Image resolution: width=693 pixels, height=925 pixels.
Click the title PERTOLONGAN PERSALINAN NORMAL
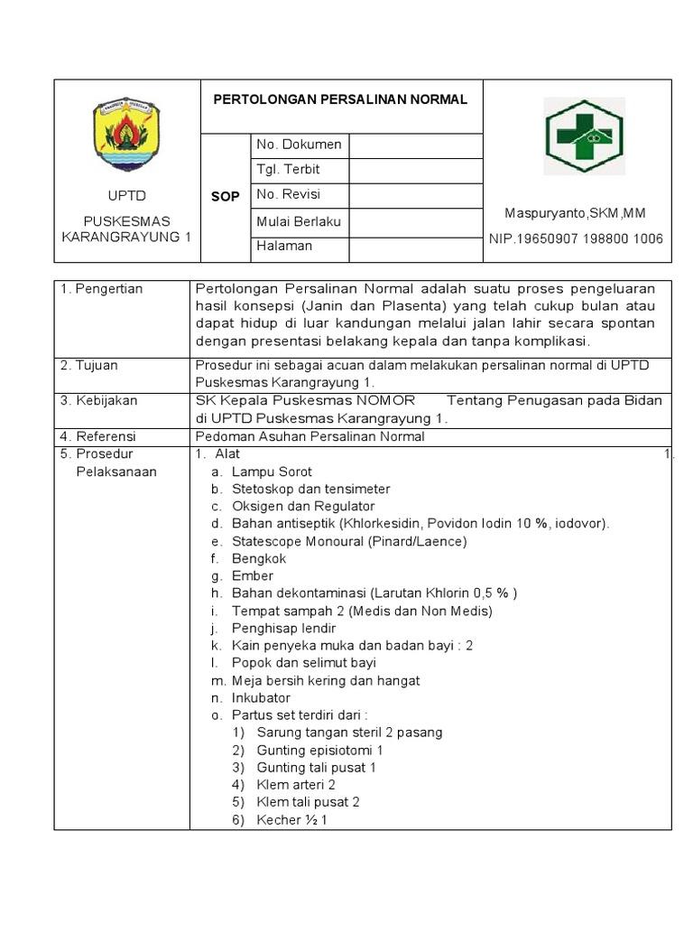(x=340, y=99)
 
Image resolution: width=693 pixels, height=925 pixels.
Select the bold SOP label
(x=225, y=196)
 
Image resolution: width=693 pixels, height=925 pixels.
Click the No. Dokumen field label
(x=299, y=145)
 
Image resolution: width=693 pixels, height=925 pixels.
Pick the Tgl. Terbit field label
(x=288, y=170)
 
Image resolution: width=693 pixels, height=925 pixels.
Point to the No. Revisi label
(x=288, y=194)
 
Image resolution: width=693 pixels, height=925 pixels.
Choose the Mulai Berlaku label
(x=299, y=220)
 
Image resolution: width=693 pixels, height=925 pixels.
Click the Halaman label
(x=284, y=246)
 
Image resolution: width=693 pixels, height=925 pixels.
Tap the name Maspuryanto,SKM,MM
(x=575, y=213)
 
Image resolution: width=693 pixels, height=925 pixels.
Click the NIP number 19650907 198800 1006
(x=576, y=238)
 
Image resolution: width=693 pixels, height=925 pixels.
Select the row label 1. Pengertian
(x=102, y=289)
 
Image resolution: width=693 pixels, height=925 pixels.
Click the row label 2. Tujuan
(x=89, y=366)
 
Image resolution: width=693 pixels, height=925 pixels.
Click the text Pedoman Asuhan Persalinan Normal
(x=310, y=436)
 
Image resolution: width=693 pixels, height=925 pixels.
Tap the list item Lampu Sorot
(x=272, y=472)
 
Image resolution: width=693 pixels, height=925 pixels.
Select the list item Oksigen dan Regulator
(x=303, y=506)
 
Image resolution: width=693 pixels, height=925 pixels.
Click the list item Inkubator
(x=261, y=697)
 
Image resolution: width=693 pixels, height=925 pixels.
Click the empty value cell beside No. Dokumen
(x=415, y=145)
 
